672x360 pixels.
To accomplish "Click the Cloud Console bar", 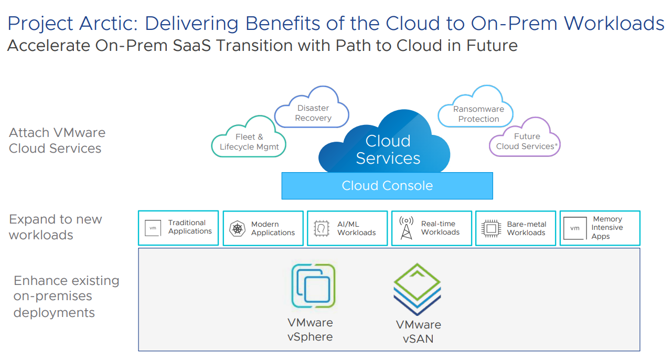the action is (387, 186).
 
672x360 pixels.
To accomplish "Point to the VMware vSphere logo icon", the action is (313, 286).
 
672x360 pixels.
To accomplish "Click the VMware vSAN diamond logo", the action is (417, 289).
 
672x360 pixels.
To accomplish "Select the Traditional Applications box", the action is (178, 228).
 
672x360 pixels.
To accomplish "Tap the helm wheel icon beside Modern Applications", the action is (237, 229).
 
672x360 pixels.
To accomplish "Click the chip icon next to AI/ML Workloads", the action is (321, 229).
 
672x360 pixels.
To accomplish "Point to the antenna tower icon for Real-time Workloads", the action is (406, 228).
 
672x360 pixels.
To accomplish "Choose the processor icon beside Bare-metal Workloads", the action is (491, 229).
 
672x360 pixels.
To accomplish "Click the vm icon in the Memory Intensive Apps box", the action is (575, 228).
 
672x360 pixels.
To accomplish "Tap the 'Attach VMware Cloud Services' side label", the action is (57, 141).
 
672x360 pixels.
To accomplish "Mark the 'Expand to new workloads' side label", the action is (56, 227).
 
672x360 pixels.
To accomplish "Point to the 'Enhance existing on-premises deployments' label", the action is (66, 297).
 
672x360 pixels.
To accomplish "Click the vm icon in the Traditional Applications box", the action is (153, 228).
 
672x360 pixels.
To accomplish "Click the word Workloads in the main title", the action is (614, 24).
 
